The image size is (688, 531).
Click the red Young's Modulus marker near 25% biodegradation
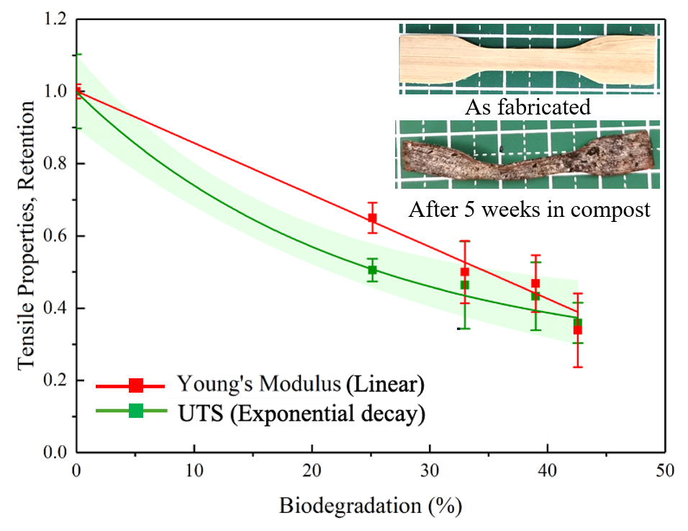tap(372, 218)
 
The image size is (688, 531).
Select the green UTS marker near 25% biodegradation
tap(372, 270)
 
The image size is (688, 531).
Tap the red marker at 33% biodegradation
tap(465, 272)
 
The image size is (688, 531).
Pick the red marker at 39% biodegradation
tap(535, 283)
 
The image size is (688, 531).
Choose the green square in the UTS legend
tap(135, 411)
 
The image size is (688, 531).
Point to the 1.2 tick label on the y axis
tap(57, 19)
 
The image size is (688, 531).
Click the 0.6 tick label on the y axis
tap(57, 236)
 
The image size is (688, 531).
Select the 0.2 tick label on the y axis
tap(57, 380)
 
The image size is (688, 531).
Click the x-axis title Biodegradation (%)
tap(370, 505)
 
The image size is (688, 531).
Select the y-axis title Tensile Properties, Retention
tap(27, 236)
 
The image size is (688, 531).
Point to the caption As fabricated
tap(528, 108)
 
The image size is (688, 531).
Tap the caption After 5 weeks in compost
tap(529, 210)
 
